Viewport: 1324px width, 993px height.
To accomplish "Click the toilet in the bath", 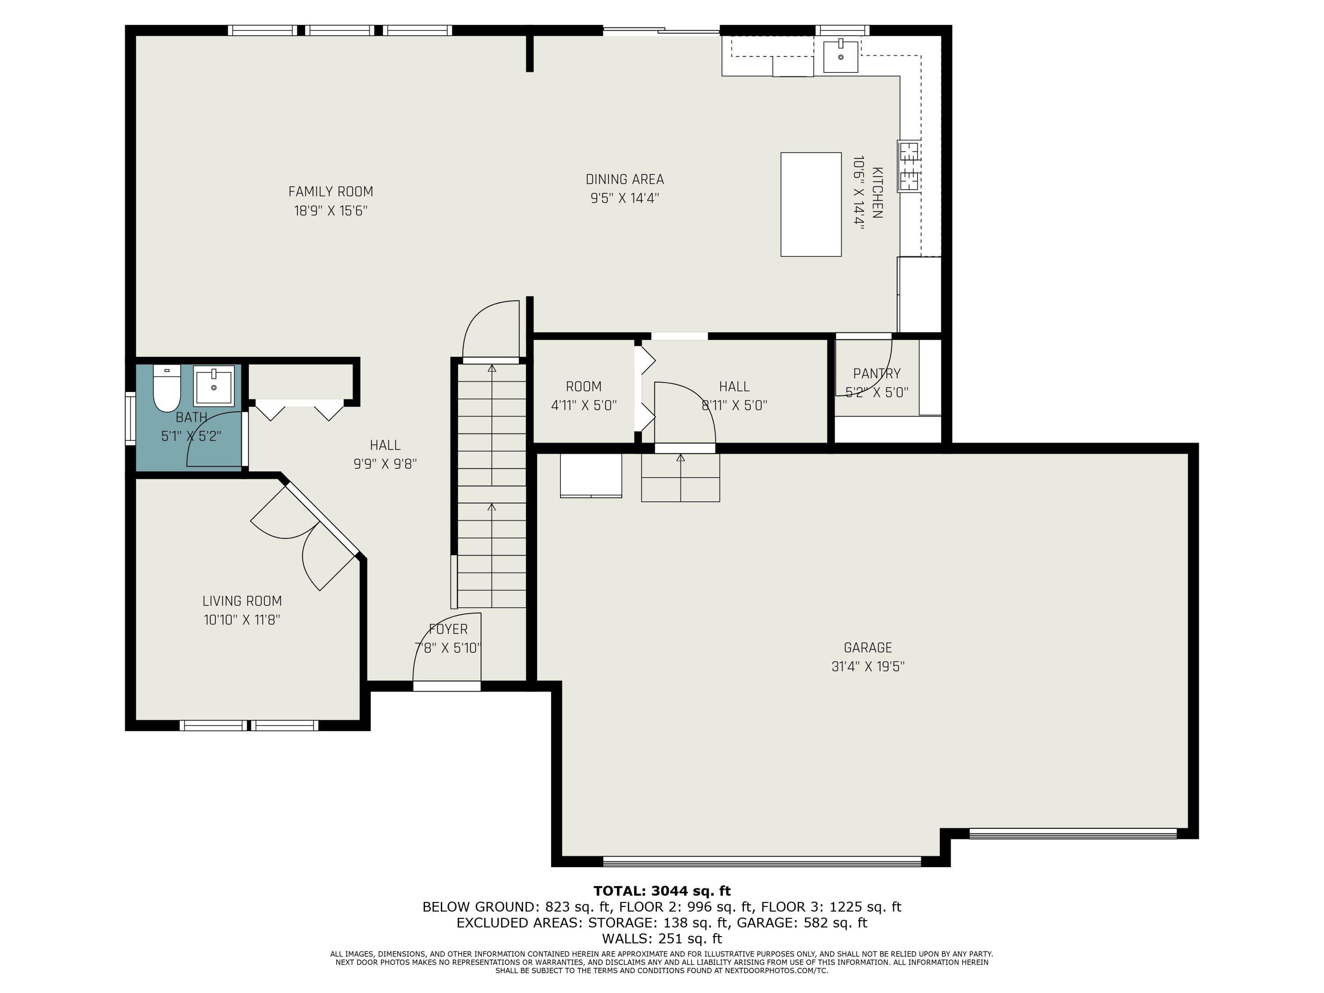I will point(167,390).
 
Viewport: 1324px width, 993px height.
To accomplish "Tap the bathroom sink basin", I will point(214,387).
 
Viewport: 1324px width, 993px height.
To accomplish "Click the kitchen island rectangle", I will point(810,204).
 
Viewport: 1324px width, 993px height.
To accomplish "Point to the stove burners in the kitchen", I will point(909,166).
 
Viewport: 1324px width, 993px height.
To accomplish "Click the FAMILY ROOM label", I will point(331,192).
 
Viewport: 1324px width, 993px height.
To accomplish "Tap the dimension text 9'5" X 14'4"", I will point(624,198).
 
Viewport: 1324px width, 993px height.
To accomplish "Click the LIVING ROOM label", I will point(242,601).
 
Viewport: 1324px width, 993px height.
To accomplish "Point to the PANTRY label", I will point(876,373).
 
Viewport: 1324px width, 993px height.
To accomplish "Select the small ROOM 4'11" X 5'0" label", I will point(583,395).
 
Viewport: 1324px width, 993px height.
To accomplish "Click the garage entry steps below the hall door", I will point(680,478).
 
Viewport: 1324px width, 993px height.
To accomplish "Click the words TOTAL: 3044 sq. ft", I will point(662,891).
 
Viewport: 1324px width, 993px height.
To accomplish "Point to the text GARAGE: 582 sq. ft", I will point(801,922).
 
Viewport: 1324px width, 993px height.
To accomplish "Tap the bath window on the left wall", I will point(130,418).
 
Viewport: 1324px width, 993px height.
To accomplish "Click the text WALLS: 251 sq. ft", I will point(662,939).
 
